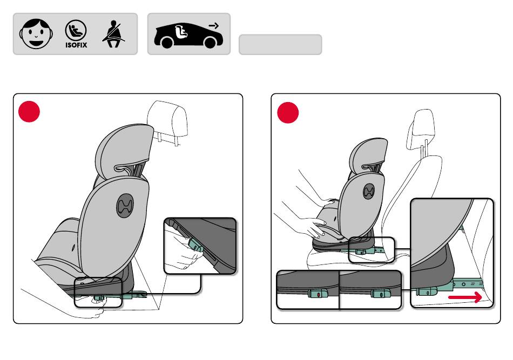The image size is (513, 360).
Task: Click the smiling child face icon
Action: pos(36,34)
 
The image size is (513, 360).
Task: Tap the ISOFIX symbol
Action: pos(76,34)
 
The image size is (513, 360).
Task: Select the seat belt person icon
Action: pos(113,34)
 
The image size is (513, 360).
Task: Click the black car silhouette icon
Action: pos(188,35)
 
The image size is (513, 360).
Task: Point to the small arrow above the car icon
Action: pos(214,25)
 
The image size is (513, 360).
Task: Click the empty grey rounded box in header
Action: pos(280,44)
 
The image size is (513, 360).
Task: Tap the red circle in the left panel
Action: pos(29,112)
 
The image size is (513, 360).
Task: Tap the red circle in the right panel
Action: pos(288,112)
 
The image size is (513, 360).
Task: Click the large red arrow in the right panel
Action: pos(465,297)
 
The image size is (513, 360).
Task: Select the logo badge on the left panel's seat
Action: pos(125,205)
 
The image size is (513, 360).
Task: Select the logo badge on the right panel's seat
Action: pos(369,191)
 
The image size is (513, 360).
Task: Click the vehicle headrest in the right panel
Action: pos(421,130)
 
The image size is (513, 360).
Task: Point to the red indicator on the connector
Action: pos(319,295)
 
